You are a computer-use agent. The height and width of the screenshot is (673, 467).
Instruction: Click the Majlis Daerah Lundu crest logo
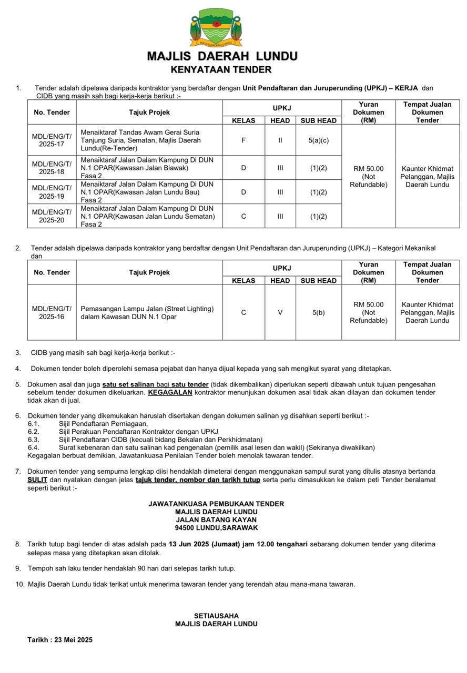click(216, 27)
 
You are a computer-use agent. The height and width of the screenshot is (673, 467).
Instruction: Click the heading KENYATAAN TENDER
click(221, 69)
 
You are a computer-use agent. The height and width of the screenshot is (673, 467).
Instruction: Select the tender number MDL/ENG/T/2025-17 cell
click(52, 140)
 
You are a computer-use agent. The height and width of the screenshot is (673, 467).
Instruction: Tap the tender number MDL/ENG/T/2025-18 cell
click(52, 168)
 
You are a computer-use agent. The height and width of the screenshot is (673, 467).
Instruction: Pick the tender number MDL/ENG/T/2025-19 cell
click(52, 192)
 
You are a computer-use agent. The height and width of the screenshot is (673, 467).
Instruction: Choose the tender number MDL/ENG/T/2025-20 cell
click(52, 216)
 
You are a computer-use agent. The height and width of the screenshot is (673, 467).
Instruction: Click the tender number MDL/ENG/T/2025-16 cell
click(52, 312)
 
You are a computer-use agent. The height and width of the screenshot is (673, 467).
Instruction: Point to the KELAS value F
click(243, 140)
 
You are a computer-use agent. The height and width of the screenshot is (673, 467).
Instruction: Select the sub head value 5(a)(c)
click(319, 140)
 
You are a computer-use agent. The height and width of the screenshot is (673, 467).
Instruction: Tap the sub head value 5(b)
click(319, 312)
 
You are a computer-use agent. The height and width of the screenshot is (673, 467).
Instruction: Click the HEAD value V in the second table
click(280, 312)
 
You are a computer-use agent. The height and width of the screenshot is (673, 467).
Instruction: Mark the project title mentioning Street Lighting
click(147, 312)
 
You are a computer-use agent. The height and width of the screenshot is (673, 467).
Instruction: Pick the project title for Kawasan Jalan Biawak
click(147, 168)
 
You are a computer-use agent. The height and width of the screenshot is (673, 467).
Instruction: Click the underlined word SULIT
click(37, 480)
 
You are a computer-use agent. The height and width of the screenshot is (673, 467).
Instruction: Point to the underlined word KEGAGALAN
click(170, 392)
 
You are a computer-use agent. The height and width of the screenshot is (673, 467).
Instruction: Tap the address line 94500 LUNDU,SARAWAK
click(216, 528)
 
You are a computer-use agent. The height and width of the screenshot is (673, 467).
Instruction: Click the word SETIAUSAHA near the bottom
click(216, 616)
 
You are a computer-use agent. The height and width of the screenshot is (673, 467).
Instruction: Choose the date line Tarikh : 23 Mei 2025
click(60, 640)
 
